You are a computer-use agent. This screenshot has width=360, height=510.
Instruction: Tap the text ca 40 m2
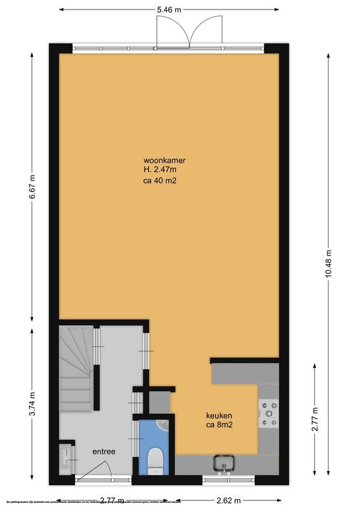[x=161, y=180]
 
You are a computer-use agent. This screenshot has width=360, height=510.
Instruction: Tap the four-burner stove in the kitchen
[x=268, y=413]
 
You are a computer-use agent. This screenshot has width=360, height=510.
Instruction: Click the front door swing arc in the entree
[x=102, y=470]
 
